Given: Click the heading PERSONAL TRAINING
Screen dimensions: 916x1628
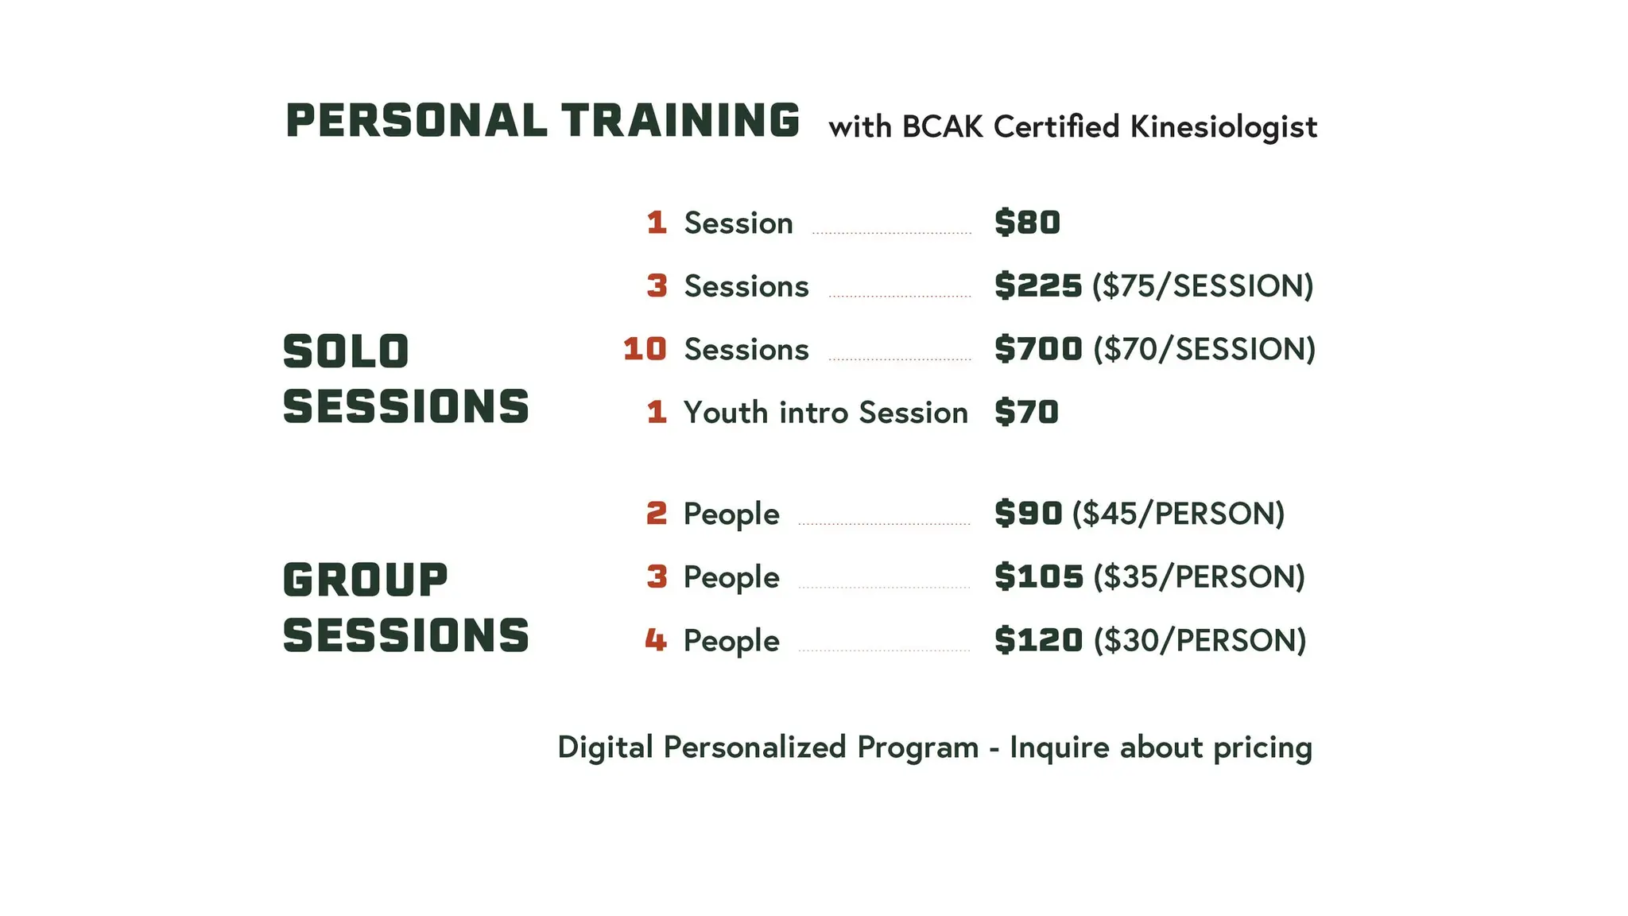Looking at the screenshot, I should (x=542, y=121).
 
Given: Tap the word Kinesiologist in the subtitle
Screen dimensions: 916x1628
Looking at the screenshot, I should (x=1223, y=127).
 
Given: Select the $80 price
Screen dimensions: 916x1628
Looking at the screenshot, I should (x=1027, y=223).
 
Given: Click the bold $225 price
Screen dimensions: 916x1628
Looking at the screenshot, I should (x=1038, y=285).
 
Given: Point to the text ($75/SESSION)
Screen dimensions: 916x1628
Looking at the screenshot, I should (x=1203, y=286).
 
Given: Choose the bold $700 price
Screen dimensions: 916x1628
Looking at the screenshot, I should (x=1038, y=349).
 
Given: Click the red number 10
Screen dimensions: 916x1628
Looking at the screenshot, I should (x=645, y=349).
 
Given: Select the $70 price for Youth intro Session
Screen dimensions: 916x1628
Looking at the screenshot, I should (x=1026, y=413).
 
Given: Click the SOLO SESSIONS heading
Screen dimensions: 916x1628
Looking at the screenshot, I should (x=405, y=379).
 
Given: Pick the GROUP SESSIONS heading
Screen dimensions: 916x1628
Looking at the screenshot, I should (x=405, y=607).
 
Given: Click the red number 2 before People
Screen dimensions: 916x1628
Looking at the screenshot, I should (x=657, y=514).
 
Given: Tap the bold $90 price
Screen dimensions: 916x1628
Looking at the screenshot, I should (x=1028, y=514).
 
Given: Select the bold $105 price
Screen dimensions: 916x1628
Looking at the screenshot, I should (x=1038, y=577).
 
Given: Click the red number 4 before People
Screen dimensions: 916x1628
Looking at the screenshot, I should (x=656, y=640).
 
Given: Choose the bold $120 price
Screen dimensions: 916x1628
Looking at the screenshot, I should (x=1038, y=640).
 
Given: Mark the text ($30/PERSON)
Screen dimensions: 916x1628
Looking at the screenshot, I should (x=1200, y=641).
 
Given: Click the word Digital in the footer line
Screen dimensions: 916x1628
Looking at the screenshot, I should (x=605, y=747).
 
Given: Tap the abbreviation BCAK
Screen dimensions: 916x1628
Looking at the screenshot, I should (x=942, y=127).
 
